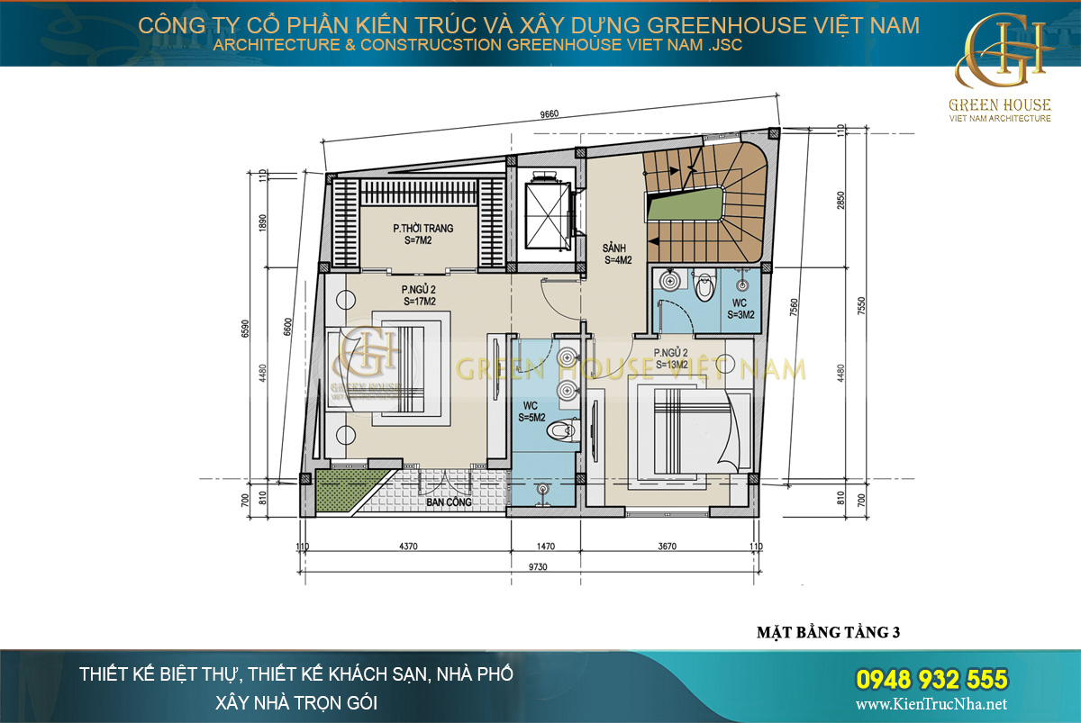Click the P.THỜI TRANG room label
pyautogui.click(x=422, y=234)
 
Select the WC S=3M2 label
pyautogui.click(x=743, y=309)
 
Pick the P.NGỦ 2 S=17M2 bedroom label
pyautogui.click(x=420, y=295)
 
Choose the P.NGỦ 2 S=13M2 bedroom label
pyautogui.click(x=672, y=358)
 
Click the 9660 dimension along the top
pyautogui.click(x=550, y=114)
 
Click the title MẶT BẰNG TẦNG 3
pyautogui.click(x=828, y=632)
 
